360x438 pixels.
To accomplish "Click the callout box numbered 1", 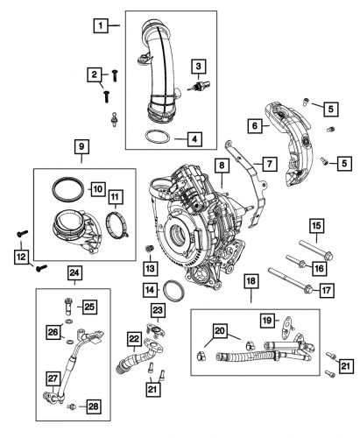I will click(x=102, y=25).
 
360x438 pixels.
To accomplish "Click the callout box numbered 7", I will click(x=270, y=164).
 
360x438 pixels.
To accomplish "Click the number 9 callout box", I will click(x=81, y=144).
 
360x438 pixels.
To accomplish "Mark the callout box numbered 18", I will click(x=251, y=304).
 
